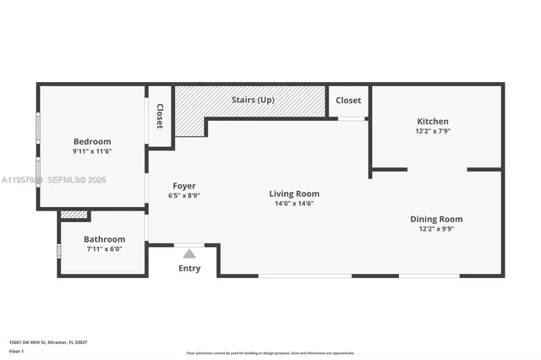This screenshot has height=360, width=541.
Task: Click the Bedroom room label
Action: click(x=92, y=141)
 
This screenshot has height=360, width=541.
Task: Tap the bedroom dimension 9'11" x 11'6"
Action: click(x=92, y=151)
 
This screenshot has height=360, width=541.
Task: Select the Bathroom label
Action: click(x=105, y=239)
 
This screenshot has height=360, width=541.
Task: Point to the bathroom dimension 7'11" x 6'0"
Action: click(x=105, y=249)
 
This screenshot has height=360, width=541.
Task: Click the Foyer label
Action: click(x=184, y=185)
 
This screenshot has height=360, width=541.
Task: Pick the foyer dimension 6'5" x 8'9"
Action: click(x=184, y=195)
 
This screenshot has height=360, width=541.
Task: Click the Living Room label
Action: click(x=294, y=194)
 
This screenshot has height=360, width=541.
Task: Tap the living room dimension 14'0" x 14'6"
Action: click(x=294, y=204)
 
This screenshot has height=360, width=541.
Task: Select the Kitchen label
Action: click(x=433, y=121)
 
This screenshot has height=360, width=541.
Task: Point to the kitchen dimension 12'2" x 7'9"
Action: click(x=433, y=131)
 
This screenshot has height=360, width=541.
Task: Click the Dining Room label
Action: click(x=436, y=219)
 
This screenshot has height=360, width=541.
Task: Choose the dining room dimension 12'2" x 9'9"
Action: click(x=436, y=229)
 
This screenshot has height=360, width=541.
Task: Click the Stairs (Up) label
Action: click(x=253, y=100)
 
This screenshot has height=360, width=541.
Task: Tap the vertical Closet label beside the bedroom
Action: click(x=160, y=116)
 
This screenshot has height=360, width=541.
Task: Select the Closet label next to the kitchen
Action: click(x=348, y=100)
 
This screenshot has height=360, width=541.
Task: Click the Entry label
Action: click(x=189, y=269)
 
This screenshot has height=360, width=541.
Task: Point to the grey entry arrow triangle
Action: click(x=189, y=254)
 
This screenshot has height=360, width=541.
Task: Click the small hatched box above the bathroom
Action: click(x=74, y=215)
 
